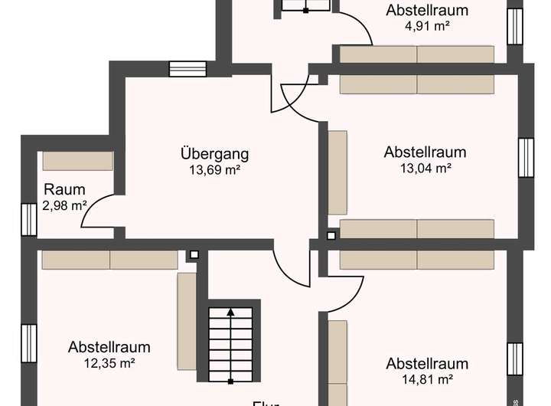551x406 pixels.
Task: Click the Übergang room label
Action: coord(215,154)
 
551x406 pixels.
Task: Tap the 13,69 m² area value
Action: coord(215,170)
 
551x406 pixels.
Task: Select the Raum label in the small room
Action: coord(64,190)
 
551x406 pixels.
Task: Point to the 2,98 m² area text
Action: coord(64,205)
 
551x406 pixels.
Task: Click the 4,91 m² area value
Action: coord(426,25)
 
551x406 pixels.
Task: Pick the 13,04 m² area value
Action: coord(425,168)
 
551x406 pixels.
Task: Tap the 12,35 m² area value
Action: coord(109,363)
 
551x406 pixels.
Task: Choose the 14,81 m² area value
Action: coord(426,378)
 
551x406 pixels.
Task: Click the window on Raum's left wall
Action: coord(29,218)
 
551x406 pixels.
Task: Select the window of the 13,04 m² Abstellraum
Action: coord(525,158)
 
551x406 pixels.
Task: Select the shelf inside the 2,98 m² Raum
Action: coord(77,161)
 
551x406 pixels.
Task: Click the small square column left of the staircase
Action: coord(194,254)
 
